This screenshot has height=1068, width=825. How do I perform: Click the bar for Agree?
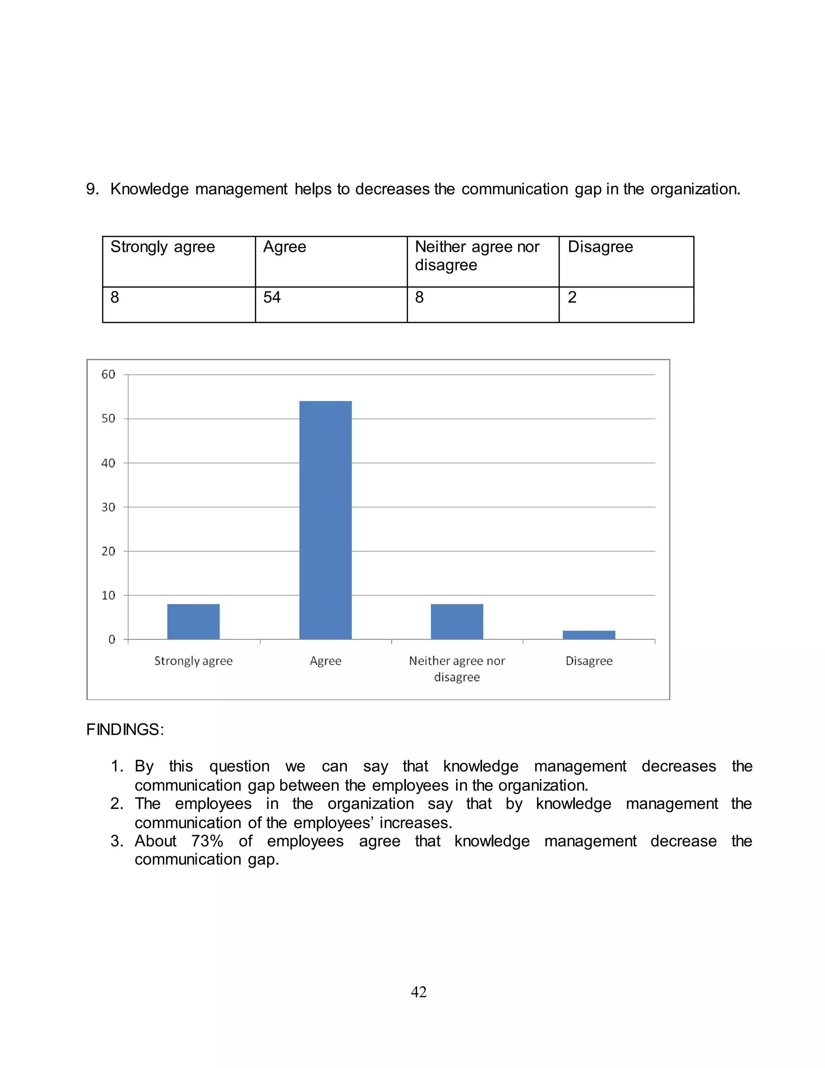325,519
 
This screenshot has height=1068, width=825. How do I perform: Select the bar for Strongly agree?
193,621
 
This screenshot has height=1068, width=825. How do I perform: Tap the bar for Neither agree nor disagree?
456,621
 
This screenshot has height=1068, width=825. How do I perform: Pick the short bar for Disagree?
589,635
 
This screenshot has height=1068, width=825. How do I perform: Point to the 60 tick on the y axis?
108,374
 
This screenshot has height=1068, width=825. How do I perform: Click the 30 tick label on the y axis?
108,507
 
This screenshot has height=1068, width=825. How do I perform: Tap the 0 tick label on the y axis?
112,640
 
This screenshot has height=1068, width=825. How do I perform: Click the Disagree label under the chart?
589,661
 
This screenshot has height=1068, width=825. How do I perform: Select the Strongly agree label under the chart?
193,661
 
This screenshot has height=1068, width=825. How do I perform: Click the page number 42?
419,992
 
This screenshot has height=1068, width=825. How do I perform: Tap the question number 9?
92,189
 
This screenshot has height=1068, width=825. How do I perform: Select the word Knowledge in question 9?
149,189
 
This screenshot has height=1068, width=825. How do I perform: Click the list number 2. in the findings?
117,804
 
